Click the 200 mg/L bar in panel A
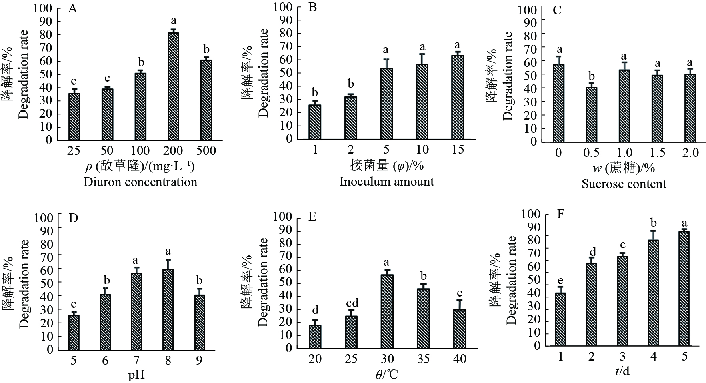(x=173, y=86)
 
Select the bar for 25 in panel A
(x=74, y=116)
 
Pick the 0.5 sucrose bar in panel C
(x=591, y=114)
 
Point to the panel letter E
(x=312, y=217)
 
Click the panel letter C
(x=557, y=10)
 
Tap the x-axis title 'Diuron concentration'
(x=140, y=182)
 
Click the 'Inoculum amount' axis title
(x=387, y=182)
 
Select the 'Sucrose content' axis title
(x=624, y=184)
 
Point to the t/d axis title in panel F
(x=622, y=371)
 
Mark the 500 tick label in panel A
(x=206, y=151)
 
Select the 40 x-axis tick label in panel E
(x=460, y=359)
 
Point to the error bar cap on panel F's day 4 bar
(x=653, y=231)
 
